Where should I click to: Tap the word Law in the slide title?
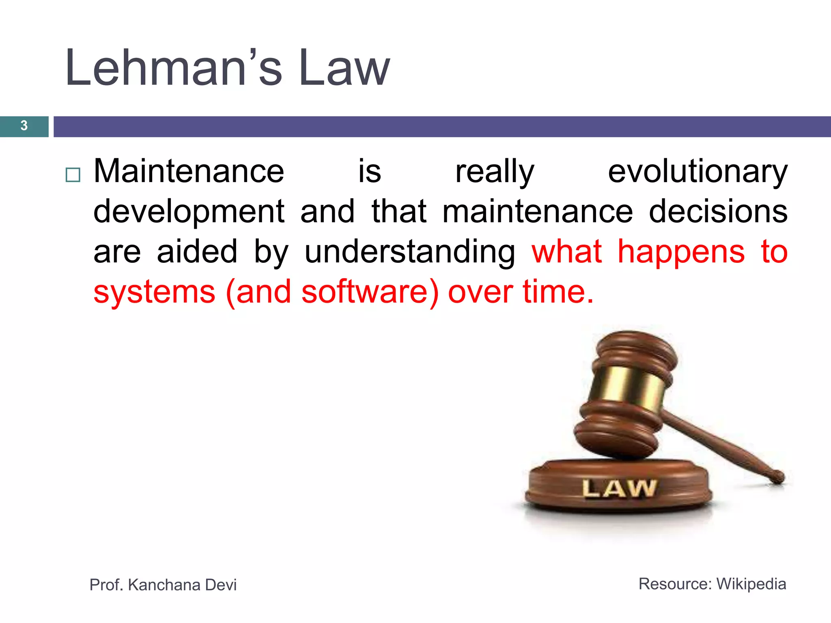click(x=344, y=68)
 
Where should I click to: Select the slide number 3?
click(x=24, y=126)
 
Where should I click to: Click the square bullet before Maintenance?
click(x=73, y=175)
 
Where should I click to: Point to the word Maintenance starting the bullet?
click(x=189, y=172)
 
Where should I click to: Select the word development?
click(x=189, y=212)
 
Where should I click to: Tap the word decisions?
click(x=718, y=212)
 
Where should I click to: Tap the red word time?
click(x=558, y=292)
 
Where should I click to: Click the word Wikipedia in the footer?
click(x=751, y=584)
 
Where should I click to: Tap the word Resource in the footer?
click(x=674, y=584)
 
